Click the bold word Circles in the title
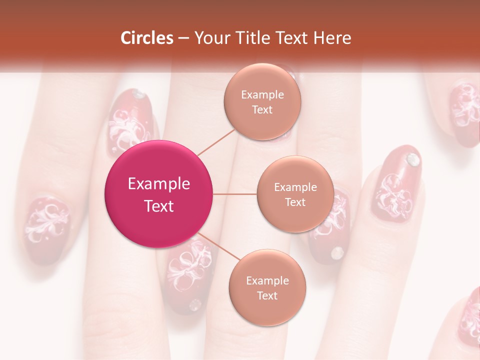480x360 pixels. [146, 38]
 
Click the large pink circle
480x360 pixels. [158, 194]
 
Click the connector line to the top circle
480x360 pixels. [216, 141]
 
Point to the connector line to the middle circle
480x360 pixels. [235, 194]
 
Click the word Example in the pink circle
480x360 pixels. [158, 183]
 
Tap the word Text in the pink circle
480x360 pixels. [158, 206]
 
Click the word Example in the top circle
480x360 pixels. [262, 94]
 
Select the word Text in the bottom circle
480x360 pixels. [267, 295]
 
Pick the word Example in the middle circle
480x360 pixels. [295, 187]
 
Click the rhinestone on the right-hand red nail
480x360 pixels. [412, 159]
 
